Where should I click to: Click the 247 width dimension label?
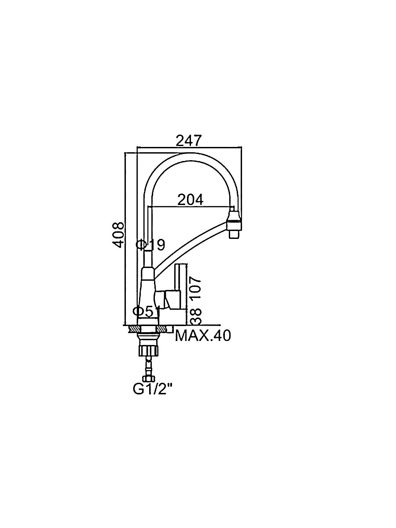pyautogui.click(x=188, y=141)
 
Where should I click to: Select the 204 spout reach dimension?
pyautogui.click(x=191, y=200)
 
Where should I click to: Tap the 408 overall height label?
pyautogui.click(x=119, y=235)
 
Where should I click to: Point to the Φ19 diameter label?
pyautogui.click(x=150, y=245)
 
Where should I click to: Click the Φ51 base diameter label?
pyautogui.click(x=147, y=312)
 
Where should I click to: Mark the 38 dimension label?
pyautogui.click(x=195, y=316)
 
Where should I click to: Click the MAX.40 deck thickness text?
pyautogui.click(x=203, y=336)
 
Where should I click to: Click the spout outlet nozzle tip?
pyautogui.click(x=235, y=234)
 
